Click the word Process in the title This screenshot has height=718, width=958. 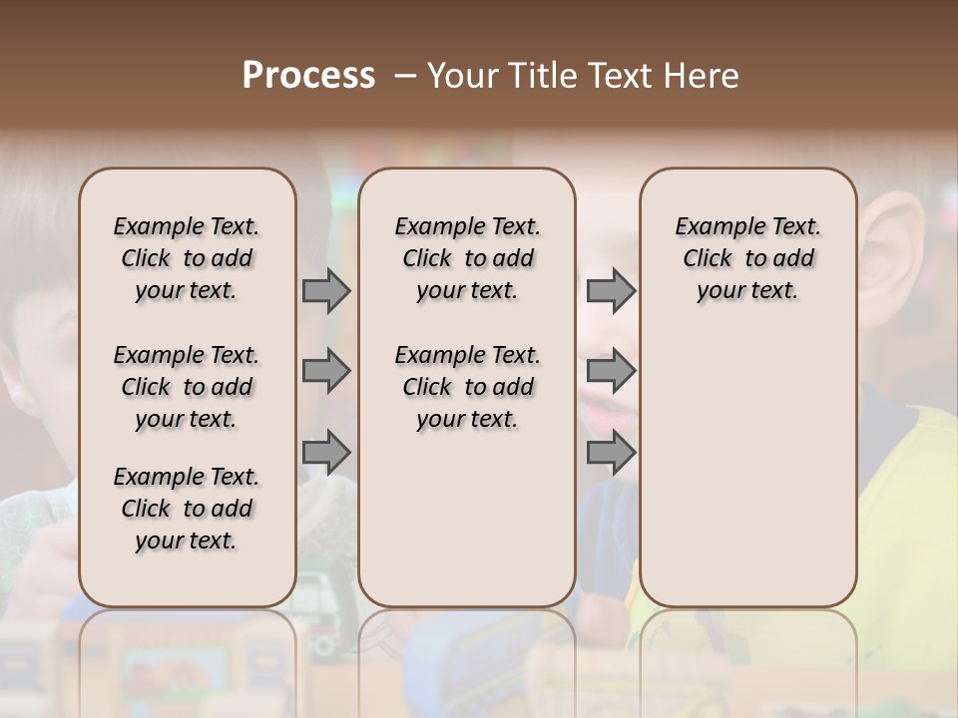pyautogui.click(x=308, y=76)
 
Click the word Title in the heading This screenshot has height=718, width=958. pyautogui.click(x=536, y=76)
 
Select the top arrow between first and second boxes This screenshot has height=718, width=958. pyautogui.click(x=326, y=290)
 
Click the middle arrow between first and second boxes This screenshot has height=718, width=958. pyautogui.click(x=326, y=372)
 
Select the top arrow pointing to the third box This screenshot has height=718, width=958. pyautogui.click(x=611, y=290)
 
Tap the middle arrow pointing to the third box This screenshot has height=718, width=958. pyautogui.click(x=611, y=372)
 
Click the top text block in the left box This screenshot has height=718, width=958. pyautogui.click(x=187, y=258)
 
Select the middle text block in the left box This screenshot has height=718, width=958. pyautogui.click(x=187, y=387)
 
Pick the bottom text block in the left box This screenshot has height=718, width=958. pyautogui.click(x=187, y=509)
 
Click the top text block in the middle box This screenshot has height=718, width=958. pyautogui.click(x=467, y=258)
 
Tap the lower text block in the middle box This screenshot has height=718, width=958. pyautogui.click(x=467, y=387)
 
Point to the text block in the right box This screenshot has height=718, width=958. pyautogui.click(x=747, y=258)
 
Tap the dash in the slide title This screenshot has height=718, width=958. pyautogui.click(x=405, y=76)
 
